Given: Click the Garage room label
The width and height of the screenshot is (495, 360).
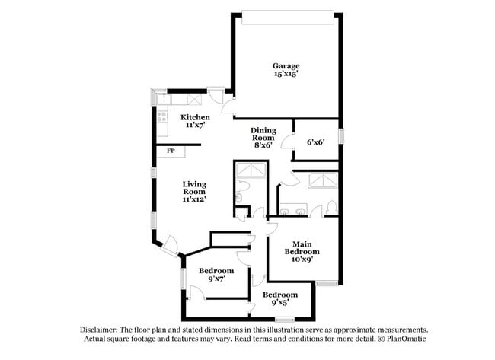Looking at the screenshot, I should [x=286, y=70].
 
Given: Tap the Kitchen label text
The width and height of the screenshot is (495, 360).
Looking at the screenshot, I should [x=195, y=121].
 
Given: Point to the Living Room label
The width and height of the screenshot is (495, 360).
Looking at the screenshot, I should [x=194, y=191].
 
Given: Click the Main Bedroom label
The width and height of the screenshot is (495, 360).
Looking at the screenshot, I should [x=302, y=251].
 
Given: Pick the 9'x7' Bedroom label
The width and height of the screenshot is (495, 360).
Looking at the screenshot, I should [x=216, y=275].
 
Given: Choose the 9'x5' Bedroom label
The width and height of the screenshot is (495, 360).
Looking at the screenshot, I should [x=280, y=299].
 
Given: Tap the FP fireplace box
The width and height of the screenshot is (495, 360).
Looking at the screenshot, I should [x=170, y=151].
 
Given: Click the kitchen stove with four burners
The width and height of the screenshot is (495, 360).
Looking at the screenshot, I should [x=162, y=116].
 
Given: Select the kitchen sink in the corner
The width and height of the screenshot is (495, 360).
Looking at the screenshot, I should [x=161, y=99].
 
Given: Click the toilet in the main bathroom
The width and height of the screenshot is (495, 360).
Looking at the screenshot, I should [x=331, y=206].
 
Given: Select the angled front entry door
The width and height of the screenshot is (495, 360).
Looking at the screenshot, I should [x=171, y=246].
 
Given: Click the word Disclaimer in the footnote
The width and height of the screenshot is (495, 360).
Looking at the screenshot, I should [x=101, y=330].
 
